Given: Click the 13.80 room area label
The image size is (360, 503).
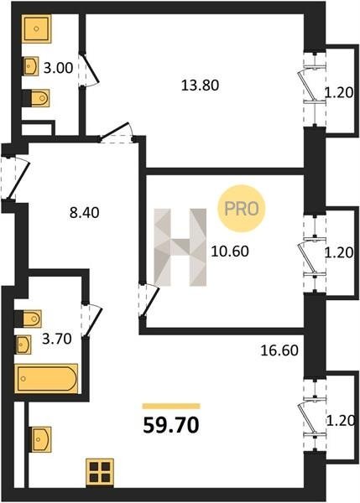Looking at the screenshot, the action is tap(200, 86).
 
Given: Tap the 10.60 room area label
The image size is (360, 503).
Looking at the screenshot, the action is tap(230, 251).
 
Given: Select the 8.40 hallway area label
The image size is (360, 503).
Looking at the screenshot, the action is tap(85, 213).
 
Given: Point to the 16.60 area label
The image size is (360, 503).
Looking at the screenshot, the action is tap(279, 350).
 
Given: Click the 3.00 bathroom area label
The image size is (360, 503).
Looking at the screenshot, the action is tap(58, 69).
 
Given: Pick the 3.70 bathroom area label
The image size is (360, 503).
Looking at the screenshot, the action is tap(57, 339).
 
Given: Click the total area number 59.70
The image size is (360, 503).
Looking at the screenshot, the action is tap(171, 426).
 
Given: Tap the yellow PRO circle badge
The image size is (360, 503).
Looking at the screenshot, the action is tap(242, 209).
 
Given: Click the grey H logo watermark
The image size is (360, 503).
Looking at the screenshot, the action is tap(180, 247).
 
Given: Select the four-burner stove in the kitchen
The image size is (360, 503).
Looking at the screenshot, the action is tap(100, 472).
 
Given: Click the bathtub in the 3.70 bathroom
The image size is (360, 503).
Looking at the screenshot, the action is tap(46, 379).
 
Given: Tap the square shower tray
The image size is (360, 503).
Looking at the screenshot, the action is tap(37, 29).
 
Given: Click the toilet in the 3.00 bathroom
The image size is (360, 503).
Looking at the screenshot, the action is tap(36, 98).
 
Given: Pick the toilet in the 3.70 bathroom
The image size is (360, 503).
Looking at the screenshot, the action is tap(28, 319).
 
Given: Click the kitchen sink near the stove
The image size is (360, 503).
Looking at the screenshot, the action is tap(41, 439).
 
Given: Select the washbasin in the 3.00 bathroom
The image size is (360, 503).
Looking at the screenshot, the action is tap(31, 66).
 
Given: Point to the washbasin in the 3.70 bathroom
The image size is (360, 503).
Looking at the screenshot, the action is tap(23, 345).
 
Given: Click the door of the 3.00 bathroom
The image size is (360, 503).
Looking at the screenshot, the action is tap(89, 69).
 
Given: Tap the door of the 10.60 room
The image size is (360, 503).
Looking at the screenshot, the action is tap(149, 301).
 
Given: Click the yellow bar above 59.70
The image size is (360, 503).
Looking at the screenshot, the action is tap(171, 407).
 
